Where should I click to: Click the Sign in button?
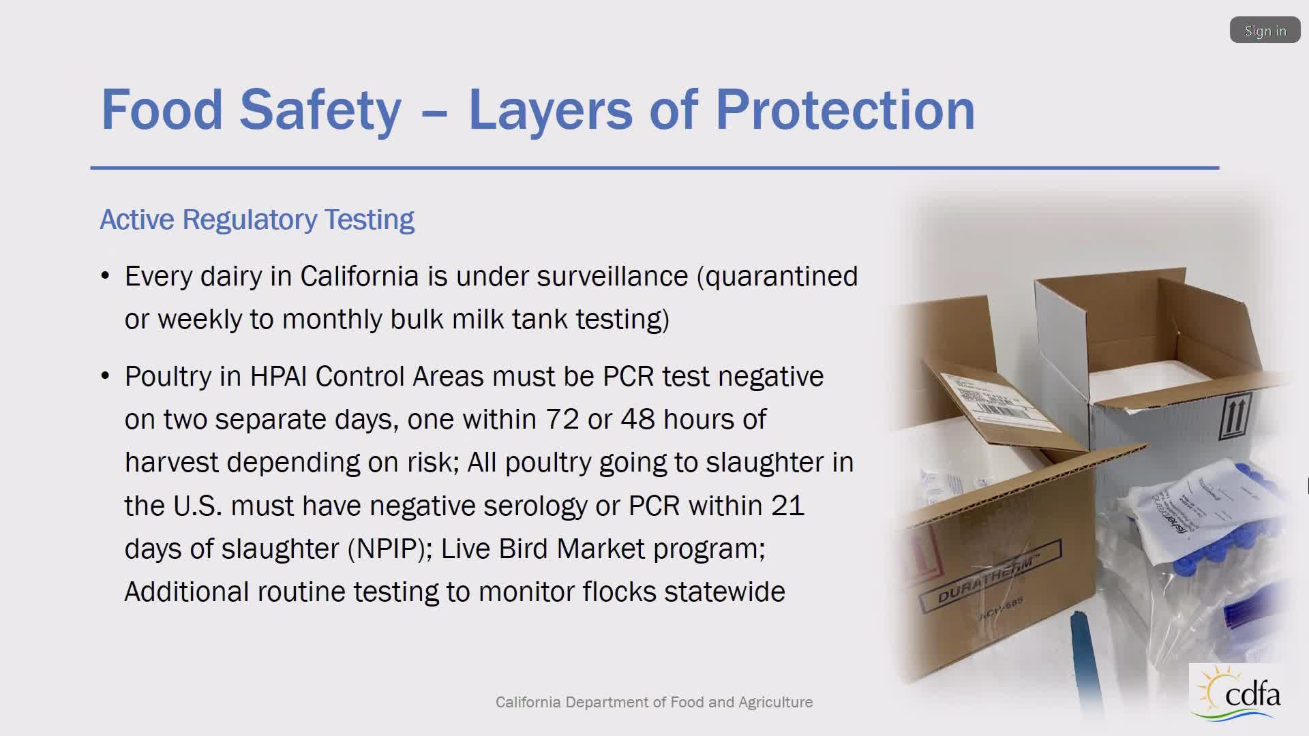[x=1265, y=31]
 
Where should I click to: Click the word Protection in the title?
[x=845, y=110]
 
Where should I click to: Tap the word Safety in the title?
[x=320, y=110]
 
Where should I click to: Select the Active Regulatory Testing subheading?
[x=257, y=220]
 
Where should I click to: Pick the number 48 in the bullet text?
[x=637, y=420]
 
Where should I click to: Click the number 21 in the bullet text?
[x=788, y=506]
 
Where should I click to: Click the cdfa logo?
[x=1239, y=692]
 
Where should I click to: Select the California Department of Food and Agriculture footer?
[x=654, y=702]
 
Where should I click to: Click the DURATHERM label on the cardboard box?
[x=989, y=577]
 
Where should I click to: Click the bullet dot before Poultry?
[x=105, y=377]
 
